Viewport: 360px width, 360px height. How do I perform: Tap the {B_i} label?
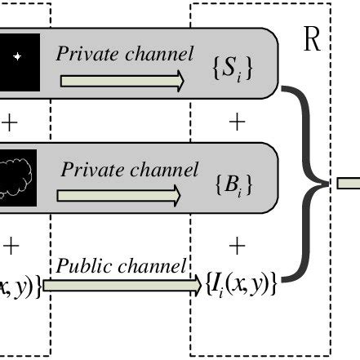233,184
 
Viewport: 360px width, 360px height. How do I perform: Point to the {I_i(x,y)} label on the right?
241,285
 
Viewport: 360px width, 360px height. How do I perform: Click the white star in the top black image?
18,56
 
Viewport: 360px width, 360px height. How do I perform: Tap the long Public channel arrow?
122,285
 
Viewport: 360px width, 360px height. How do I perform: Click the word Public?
82,267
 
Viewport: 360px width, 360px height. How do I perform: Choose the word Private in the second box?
90,171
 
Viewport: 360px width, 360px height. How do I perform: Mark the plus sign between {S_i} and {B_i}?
237,122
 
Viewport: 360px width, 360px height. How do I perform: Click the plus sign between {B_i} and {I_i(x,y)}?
237,244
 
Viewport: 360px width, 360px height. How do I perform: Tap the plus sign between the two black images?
10,122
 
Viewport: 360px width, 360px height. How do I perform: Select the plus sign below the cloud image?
10,244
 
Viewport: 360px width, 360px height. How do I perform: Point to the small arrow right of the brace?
348,183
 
